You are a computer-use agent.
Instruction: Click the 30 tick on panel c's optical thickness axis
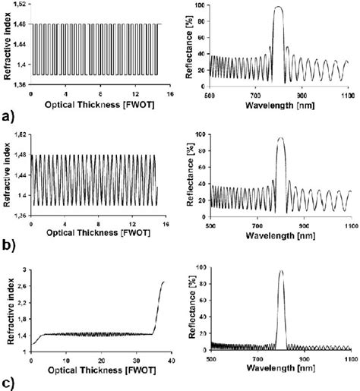(134, 356)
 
